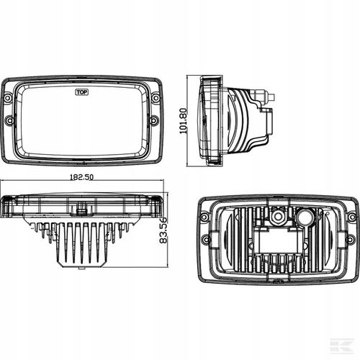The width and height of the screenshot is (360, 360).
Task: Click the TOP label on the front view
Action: pyautogui.click(x=82, y=91)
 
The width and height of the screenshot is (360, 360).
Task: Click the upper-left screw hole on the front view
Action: pyautogui.click(x=8, y=96)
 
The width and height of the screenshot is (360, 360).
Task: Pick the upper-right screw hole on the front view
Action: pyautogui.click(x=156, y=96)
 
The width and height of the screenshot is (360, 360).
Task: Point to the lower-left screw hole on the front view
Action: pyautogui.click(x=9, y=121)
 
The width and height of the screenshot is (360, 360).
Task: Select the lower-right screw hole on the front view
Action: pyautogui.click(x=154, y=121)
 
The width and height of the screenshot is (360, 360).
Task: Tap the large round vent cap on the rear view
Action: pyautogui.click(x=305, y=216)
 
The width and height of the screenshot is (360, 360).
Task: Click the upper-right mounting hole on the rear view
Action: pyautogui.click(x=351, y=215)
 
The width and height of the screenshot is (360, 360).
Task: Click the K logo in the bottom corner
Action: pyautogui.click(x=348, y=347)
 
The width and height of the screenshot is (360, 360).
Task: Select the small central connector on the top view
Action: pyautogui.click(x=83, y=210)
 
